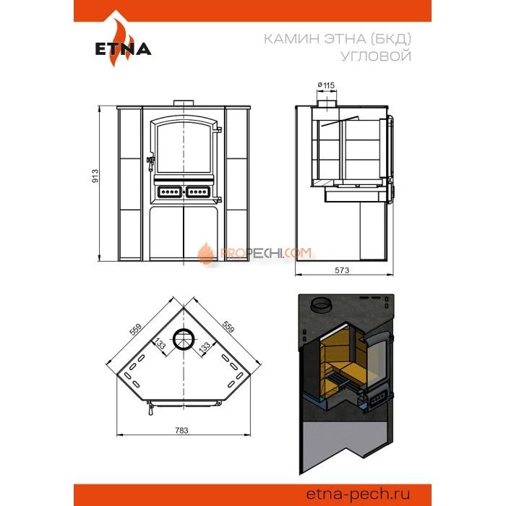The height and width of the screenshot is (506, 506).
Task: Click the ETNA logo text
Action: [123, 49]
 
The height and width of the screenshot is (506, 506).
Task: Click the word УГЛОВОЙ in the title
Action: [377, 56]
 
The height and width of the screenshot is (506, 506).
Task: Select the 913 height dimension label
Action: [95, 176]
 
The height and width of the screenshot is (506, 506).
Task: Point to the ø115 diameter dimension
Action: [326, 85]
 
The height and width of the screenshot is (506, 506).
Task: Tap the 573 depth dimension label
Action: [342, 270]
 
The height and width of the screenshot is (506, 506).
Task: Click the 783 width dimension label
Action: [181, 430]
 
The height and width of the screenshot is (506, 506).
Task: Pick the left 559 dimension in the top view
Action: [136, 330]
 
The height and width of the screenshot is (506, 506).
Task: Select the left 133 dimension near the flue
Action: [160, 343]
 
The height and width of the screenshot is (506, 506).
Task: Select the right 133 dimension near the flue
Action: [205, 347]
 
